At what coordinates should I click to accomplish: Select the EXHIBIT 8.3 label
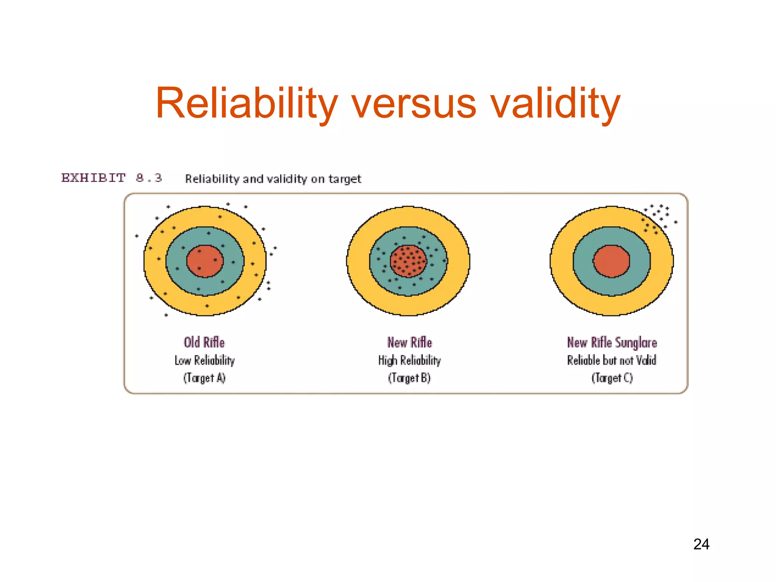(x=112, y=178)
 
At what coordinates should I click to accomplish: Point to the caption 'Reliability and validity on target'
(x=273, y=178)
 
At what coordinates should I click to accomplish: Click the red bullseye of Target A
(x=205, y=261)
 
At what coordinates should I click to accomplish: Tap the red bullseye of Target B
(x=408, y=261)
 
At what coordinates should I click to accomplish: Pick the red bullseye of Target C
(x=612, y=261)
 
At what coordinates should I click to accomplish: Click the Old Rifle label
(x=204, y=342)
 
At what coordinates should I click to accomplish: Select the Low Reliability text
(x=205, y=360)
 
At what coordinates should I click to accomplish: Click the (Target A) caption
(x=205, y=378)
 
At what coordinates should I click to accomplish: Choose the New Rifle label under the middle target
(x=410, y=342)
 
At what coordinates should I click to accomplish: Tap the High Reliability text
(x=410, y=360)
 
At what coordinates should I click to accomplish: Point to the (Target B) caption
(x=410, y=378)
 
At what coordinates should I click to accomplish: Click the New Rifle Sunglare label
(x=612, y=342)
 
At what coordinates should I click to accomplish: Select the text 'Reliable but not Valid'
(x=612, y=360)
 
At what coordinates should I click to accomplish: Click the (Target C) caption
(x=612, y=378)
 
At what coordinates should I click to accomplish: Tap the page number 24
(x=701, y=544)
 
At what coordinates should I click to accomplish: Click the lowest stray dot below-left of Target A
(x=166, y=315)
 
